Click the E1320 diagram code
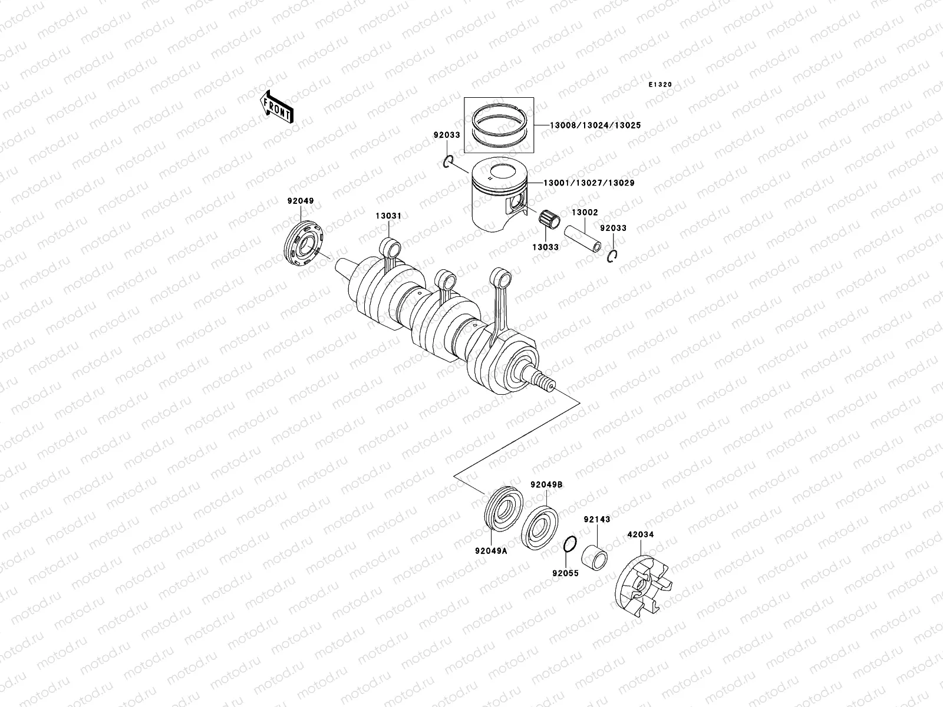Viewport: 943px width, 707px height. click(660, 85)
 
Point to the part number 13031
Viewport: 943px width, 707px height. click(388, 216)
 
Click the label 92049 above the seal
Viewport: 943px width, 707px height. click(301, 201)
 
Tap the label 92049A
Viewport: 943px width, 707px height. click(491, 551)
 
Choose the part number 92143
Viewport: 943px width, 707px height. click(597, 520)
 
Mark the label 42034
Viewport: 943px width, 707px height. click(641, 535)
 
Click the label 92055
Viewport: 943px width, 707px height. click(565, 573)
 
